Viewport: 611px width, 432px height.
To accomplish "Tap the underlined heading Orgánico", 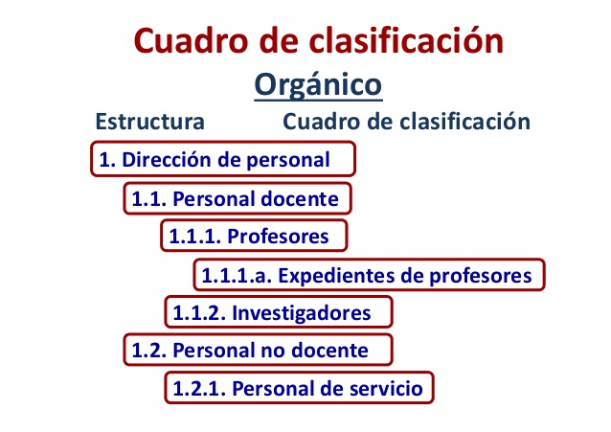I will (x=318, y=84).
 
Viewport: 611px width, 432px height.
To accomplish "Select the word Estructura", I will (x=148, y=123).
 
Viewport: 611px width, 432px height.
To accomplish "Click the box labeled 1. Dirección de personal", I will (x=223, y=160).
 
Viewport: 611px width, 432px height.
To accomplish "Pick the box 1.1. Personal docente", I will (x=238, y=199).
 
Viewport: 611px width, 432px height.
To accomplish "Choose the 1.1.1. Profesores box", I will (x=253, y=236).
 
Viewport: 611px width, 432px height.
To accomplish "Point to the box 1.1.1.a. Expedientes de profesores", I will (x=369, y=276).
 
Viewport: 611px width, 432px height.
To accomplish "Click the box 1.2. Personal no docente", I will (x=259, y=350).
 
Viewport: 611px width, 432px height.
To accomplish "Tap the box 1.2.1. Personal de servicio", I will (x=297, y=388).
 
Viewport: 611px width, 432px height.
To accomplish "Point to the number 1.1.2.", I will (x=197, y=312).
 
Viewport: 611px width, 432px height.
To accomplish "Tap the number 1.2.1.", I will (x=197, y=388).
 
